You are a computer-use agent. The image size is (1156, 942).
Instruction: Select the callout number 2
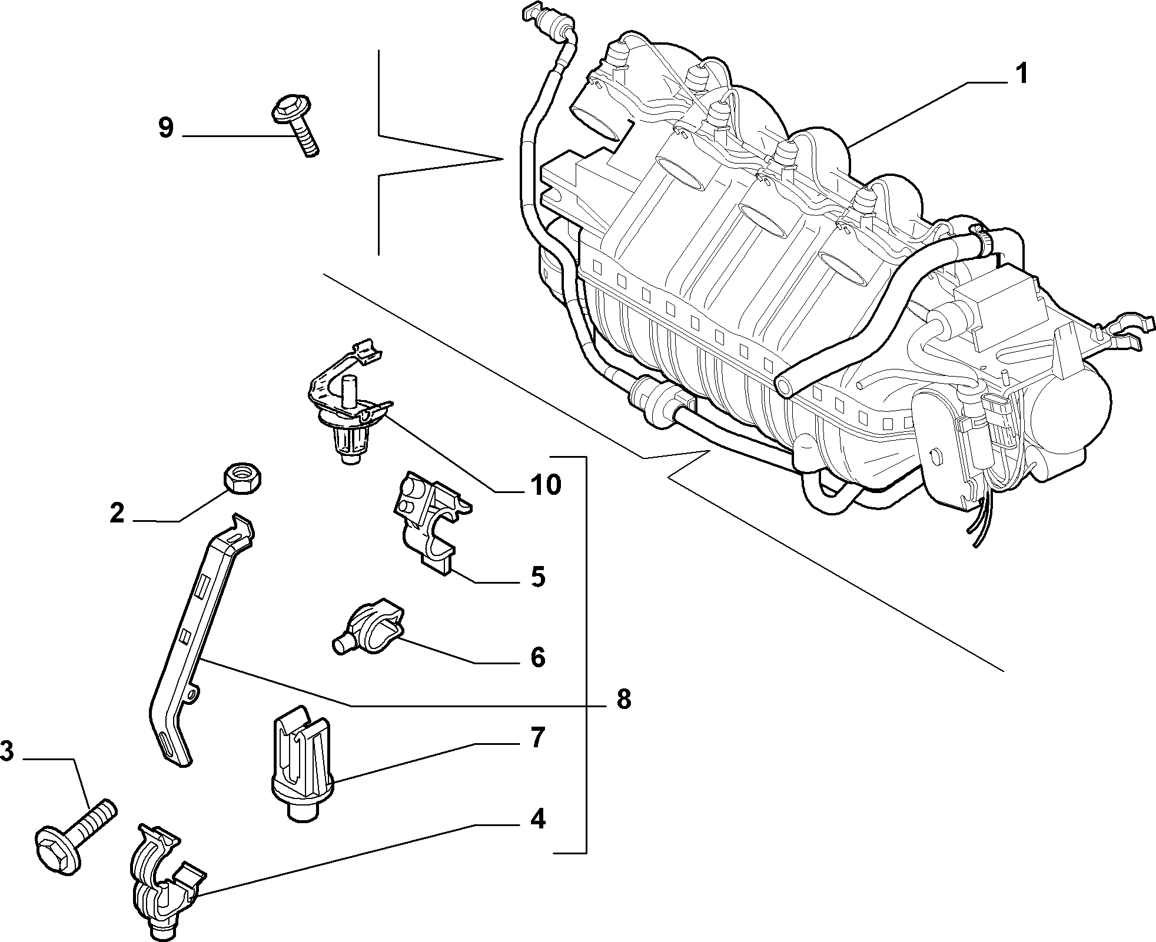pyautogui.click(x=118, y=513)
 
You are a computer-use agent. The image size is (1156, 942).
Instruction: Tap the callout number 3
pyautogui.click(x=6, y=752)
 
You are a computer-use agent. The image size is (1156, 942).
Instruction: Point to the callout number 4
pyautogui.click(x=537, y=820)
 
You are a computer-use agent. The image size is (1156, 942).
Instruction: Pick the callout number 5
pyautogui.click(x=537, y=577)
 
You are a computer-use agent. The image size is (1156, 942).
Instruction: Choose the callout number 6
pyautogui.click(x=537, y=657)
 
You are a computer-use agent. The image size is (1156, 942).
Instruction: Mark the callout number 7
pyautogui.click(x=537, y=737)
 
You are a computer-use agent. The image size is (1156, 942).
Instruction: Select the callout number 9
pyautogui.click(x=166, y=128)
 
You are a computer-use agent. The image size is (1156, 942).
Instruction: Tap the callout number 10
pyautogui.click(x=545, y=485)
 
